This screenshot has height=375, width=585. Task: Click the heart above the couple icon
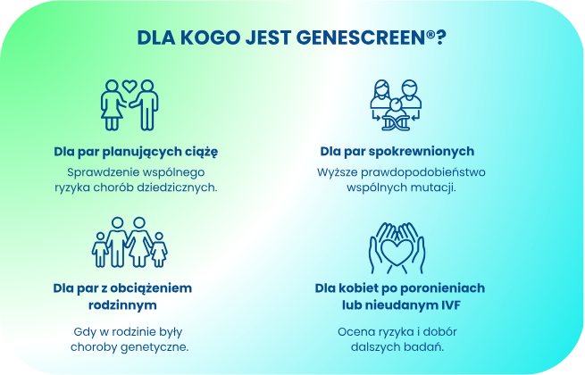click(x=130, y=87)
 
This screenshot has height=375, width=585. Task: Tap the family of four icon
click(x=130, y=242)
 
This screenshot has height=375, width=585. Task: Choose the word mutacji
click(x=435, y=187)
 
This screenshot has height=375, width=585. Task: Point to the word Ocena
click(x=353, y=330)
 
